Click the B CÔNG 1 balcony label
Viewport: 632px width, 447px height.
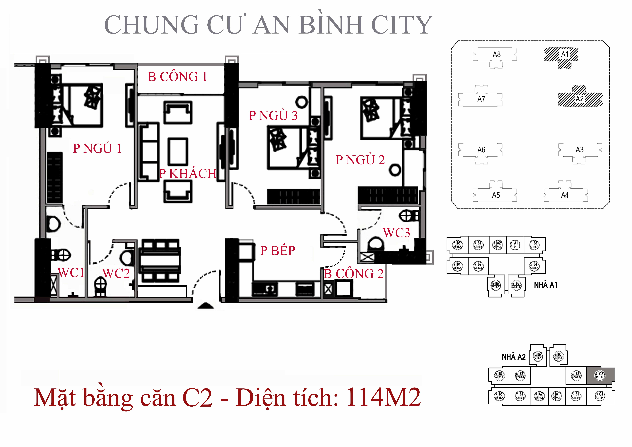pos(177,77)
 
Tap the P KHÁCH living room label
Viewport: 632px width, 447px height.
pos(188,174)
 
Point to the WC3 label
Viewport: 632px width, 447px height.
pos(396,233)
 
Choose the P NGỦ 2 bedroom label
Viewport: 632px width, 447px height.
pos(360,160)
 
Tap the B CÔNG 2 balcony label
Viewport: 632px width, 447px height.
pos(353,274)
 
